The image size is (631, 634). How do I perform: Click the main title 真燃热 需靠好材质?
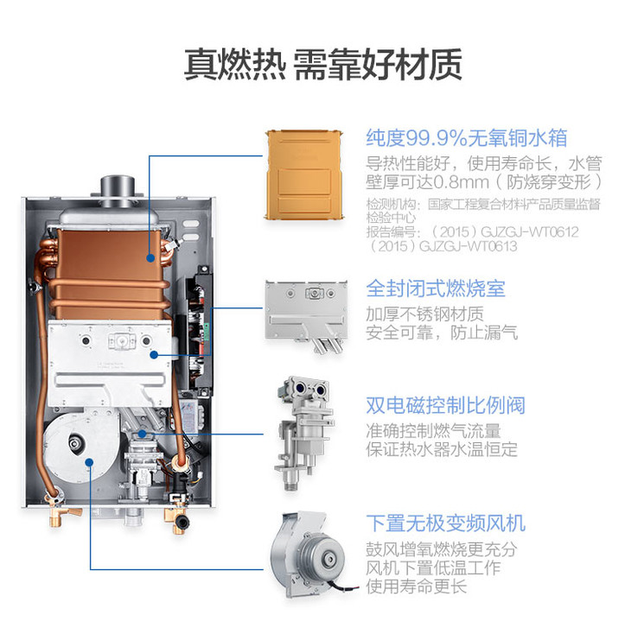point(323,65)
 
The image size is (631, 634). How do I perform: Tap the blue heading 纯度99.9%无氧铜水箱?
point(467,138)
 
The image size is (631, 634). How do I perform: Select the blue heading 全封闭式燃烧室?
point(436,288)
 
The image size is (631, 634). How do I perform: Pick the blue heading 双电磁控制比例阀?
point(446,405)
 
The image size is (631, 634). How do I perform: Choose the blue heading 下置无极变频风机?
point(446,523)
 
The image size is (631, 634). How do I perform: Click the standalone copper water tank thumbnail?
point(304,174)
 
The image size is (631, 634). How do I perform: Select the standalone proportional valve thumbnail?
point(304,433)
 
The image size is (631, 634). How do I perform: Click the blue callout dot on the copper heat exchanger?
point(150,257)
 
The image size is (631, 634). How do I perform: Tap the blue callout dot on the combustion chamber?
point(154,355)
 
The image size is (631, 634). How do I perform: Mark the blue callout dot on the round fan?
point(90,462)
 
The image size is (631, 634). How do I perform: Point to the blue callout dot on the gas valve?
point(142,434)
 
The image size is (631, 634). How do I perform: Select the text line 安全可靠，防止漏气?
point(442,333)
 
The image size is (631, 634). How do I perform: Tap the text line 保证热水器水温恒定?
point(442,449)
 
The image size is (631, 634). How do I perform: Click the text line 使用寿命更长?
point(416,586)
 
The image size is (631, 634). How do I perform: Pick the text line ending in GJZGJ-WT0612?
point(472,231)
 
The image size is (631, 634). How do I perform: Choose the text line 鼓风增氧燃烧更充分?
point(442,549)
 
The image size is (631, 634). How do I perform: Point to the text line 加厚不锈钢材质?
point(424,314)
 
